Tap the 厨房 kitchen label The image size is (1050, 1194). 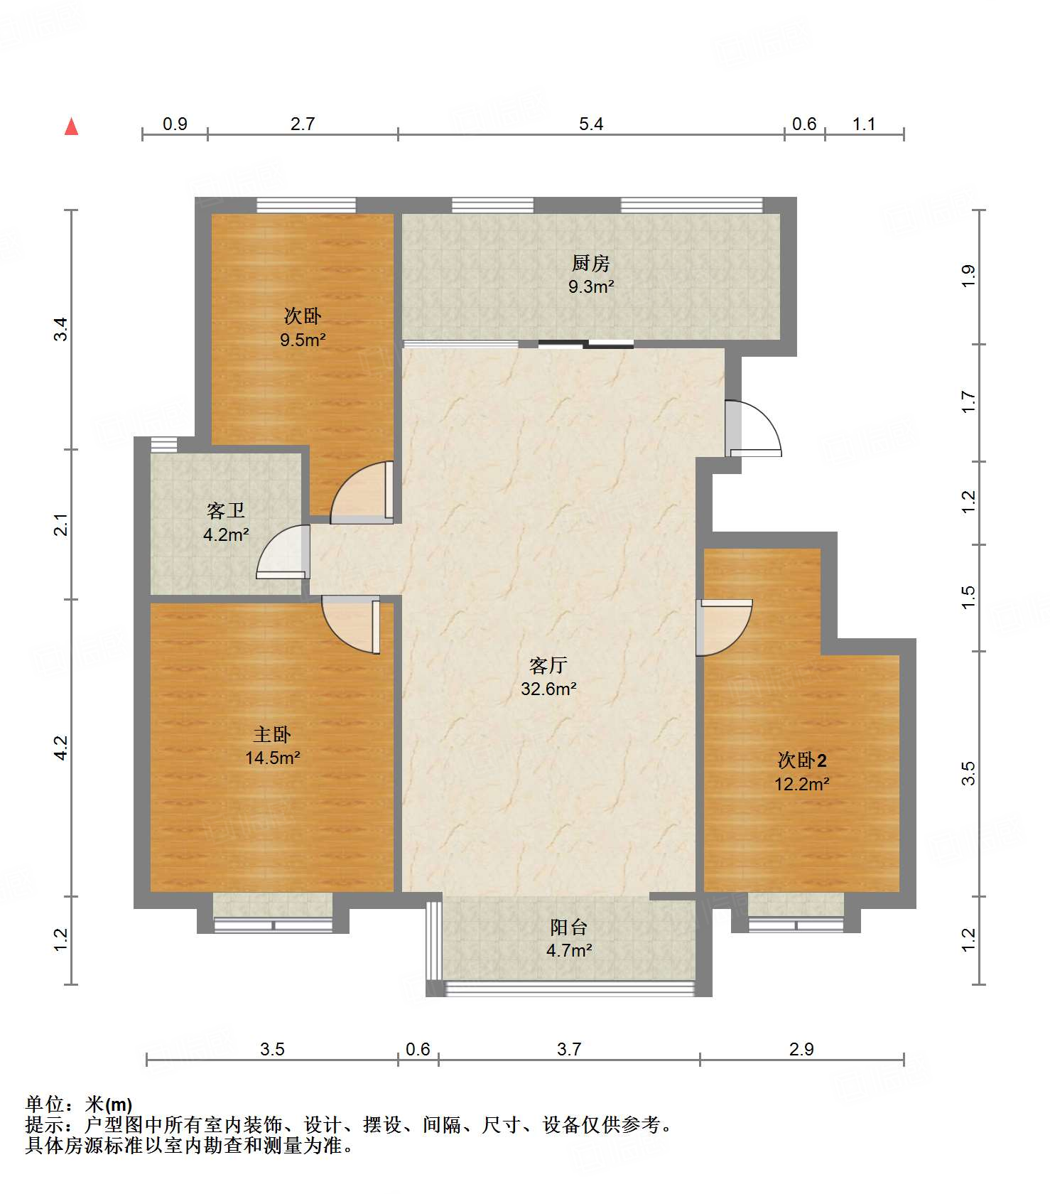(590, 264)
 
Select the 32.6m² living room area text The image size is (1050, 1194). (548, 689)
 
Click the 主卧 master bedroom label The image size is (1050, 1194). (272, 734)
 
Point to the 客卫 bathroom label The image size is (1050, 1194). (226, 511)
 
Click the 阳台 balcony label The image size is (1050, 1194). (569, 927)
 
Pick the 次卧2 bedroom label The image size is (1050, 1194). (802, 760)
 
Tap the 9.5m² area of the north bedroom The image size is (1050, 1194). (303, 340)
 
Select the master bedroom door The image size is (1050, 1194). (351, 625)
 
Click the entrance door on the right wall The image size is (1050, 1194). (753, 429)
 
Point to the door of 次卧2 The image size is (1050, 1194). (723, 628)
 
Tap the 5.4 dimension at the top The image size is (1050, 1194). (591, 124)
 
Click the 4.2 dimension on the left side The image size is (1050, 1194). (61, 748)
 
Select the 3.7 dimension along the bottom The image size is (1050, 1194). (569, 1049)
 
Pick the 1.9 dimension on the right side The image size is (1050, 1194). (968, 276)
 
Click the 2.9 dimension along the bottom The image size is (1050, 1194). (801, 1049)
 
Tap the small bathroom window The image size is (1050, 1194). (163, 444)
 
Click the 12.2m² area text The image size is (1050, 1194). (802, 784)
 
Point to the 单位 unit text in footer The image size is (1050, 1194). (45, 1104)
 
